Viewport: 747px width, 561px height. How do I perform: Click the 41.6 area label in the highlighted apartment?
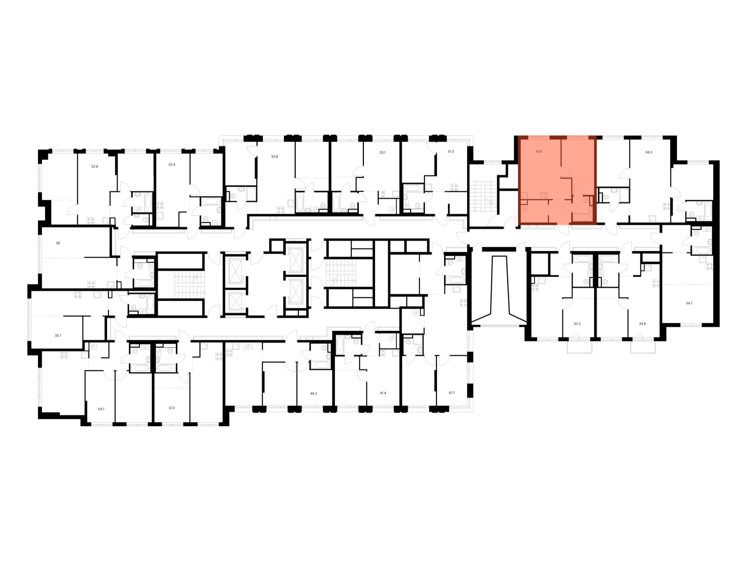click(539, 152)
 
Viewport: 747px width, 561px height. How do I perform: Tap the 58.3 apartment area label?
click(648, 153)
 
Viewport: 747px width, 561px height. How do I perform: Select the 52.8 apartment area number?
click(95, 166)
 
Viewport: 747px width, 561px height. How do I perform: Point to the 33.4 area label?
click(172, 165)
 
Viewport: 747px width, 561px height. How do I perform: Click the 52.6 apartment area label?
click(275, 157)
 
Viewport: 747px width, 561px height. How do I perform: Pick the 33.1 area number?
click(382, 153)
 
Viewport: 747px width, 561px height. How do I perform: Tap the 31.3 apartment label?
click(450, 151)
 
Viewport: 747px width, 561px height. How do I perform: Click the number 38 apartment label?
click(58, 243)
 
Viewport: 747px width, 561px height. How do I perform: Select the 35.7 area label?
click(58, 336)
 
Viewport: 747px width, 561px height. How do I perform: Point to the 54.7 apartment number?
click(101, 409)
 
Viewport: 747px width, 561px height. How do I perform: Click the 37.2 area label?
click(171, 408)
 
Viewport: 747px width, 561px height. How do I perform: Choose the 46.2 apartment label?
click(313, 394)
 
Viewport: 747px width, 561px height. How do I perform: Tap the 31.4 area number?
click(383, 393)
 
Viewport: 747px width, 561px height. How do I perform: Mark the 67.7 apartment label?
click(452, 393)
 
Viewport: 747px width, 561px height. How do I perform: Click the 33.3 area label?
click(577, 324)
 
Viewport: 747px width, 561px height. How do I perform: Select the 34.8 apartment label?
click(642, 324)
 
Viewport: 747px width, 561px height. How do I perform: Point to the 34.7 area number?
click(689, 303)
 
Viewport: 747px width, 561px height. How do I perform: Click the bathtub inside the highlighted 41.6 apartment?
click(581, 217)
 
